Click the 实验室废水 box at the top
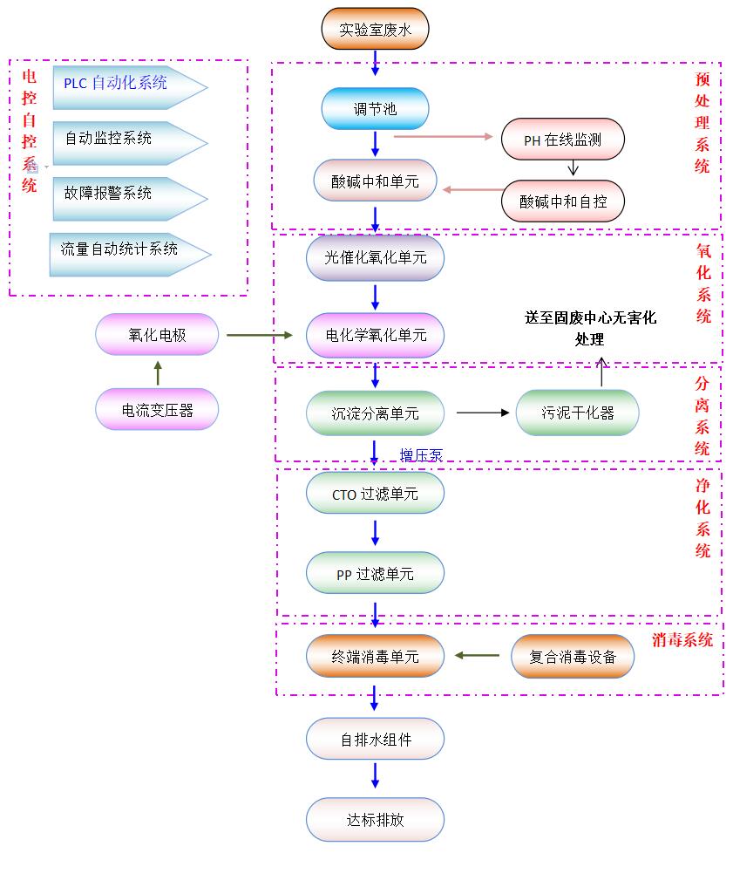pos(375,30)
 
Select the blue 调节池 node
pos(375,109)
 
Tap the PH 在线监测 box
pos(563,140)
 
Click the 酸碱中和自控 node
pos(563,201)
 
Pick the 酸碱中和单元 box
pos(375,181)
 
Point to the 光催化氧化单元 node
pos(375,257)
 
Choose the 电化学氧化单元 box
pos(375,335)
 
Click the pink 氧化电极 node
pos(157,335)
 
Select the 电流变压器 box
pos(157,410)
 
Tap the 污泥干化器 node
pos(577,413)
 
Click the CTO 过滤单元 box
pos(375,495)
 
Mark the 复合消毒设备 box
pos(573,657)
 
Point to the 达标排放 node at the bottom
pos(375,820)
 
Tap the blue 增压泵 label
pos(421,454)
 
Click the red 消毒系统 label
pos(682,640)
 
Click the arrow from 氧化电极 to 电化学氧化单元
pos(260,335)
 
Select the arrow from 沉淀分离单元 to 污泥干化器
pos(482,413)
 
